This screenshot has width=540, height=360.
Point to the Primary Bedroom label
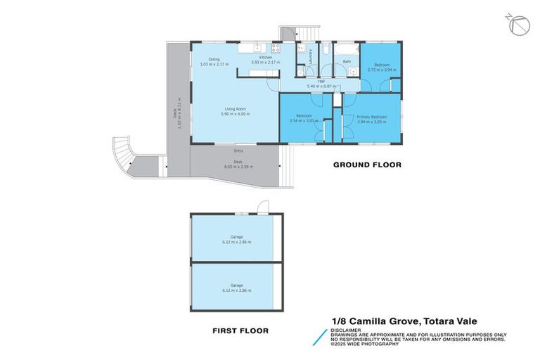tap(371, 117)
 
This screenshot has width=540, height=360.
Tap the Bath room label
tap(347, 61)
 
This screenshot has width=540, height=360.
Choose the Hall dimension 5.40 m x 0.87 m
tap(321, 86)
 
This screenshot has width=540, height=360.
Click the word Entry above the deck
tap(238, 150)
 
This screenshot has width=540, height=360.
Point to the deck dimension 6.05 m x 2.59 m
tap(238, 167)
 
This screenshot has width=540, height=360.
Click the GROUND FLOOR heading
tap(367, 165)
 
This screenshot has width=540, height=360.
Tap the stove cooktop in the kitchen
tap(276, 49)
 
